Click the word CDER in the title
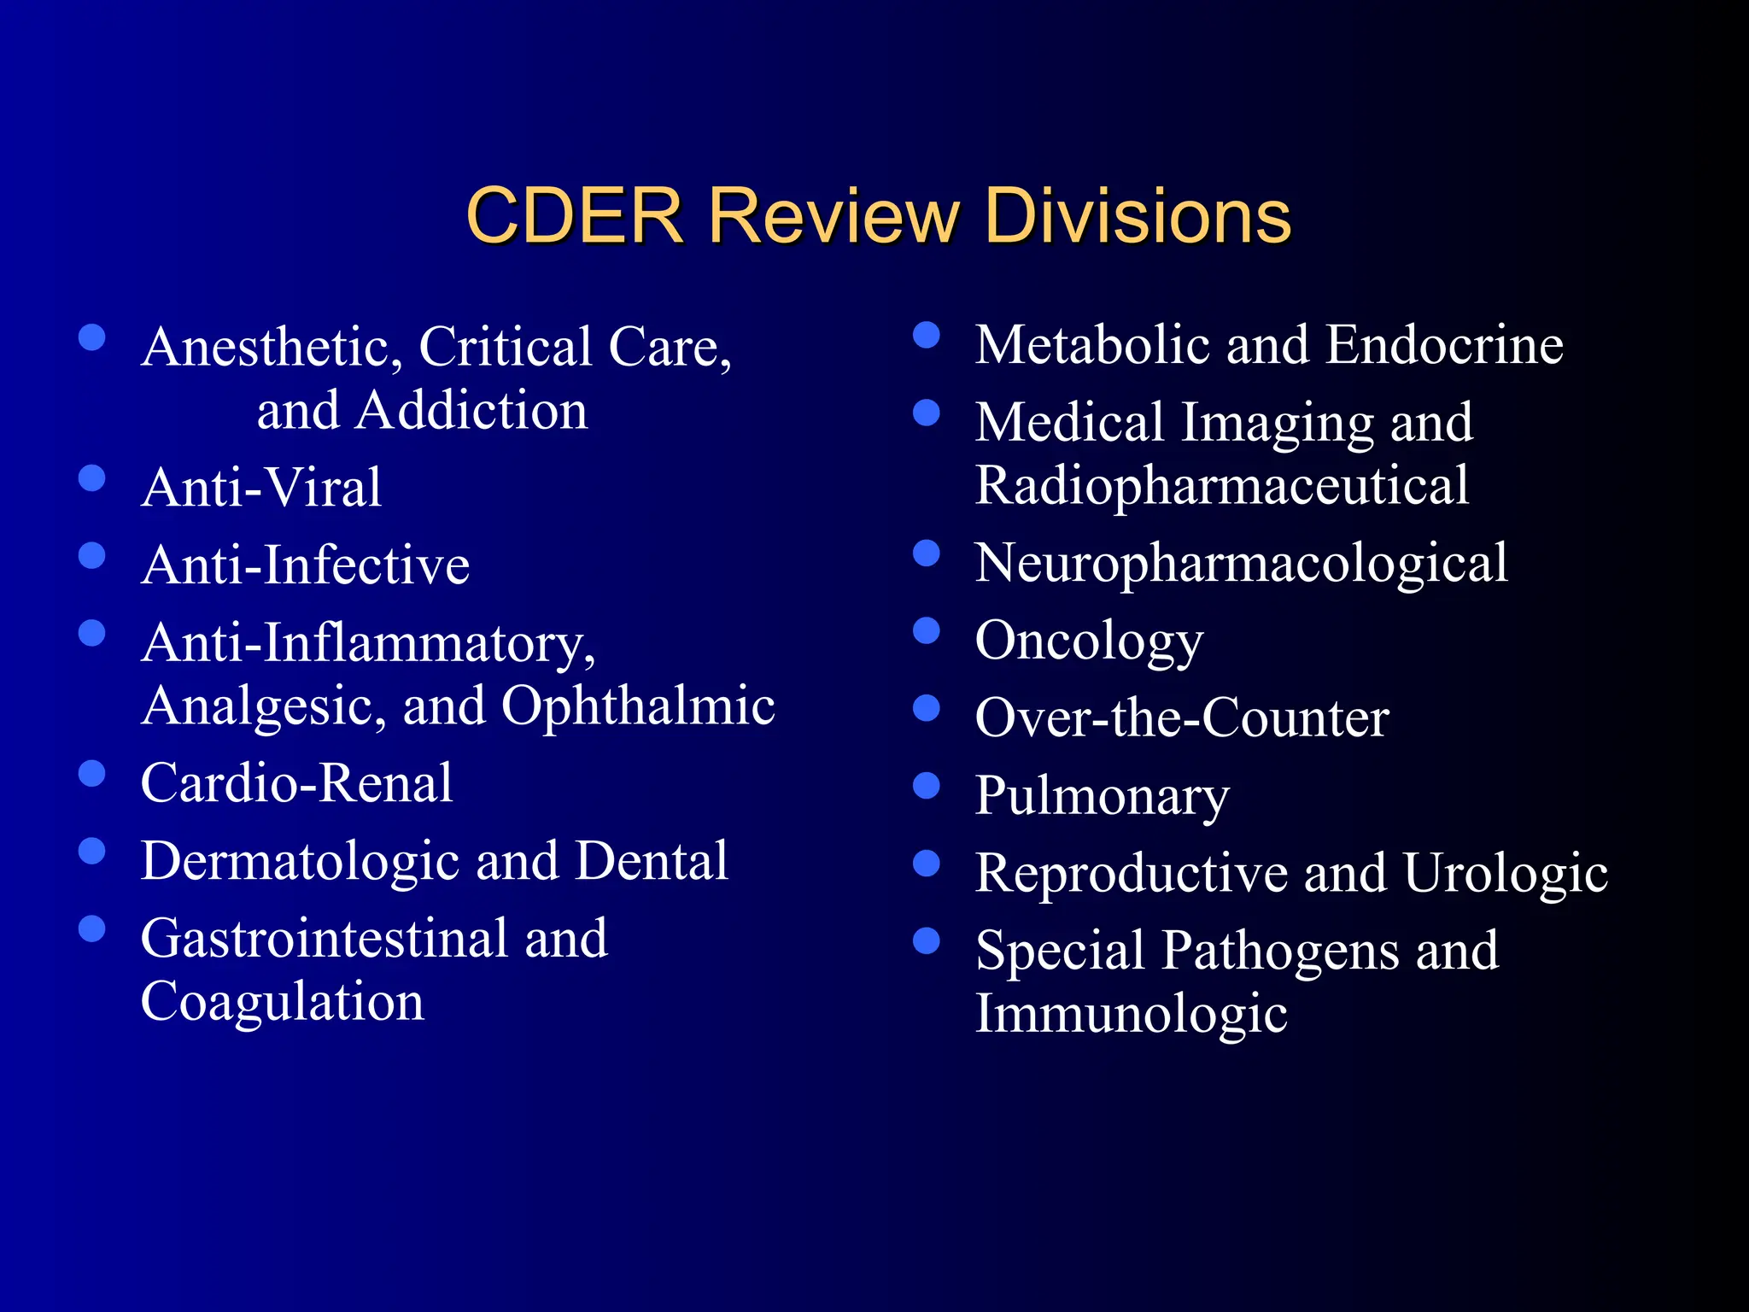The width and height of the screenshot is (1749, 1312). [x=575, y=216]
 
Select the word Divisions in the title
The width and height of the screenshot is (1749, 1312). [x=1138, y=216]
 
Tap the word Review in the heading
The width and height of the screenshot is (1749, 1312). [x=834, y=216]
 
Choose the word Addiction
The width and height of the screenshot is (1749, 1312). [x=472, y=410]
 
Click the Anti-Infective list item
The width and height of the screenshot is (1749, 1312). [x=306, y=565]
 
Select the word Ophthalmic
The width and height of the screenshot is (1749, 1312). [x=638, y=706]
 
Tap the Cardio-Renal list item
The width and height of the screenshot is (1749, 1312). [x=296, y=782]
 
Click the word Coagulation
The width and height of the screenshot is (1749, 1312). [x=282, y=1001]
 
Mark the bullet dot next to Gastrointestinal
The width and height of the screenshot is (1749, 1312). [x=91, y=928]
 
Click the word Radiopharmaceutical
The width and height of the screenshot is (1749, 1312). [x=1222, y=485]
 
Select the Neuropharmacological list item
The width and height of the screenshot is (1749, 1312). [x=1242, y=563]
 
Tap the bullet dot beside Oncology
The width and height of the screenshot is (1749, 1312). [x=926, y=631]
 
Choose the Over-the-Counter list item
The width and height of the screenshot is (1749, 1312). [x=1182, y=717]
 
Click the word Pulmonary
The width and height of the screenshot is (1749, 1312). [x=1103, y=795]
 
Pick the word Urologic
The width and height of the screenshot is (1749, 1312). [x=1506, y=873]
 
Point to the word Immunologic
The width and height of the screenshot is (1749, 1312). [x=1132, y=1014]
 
